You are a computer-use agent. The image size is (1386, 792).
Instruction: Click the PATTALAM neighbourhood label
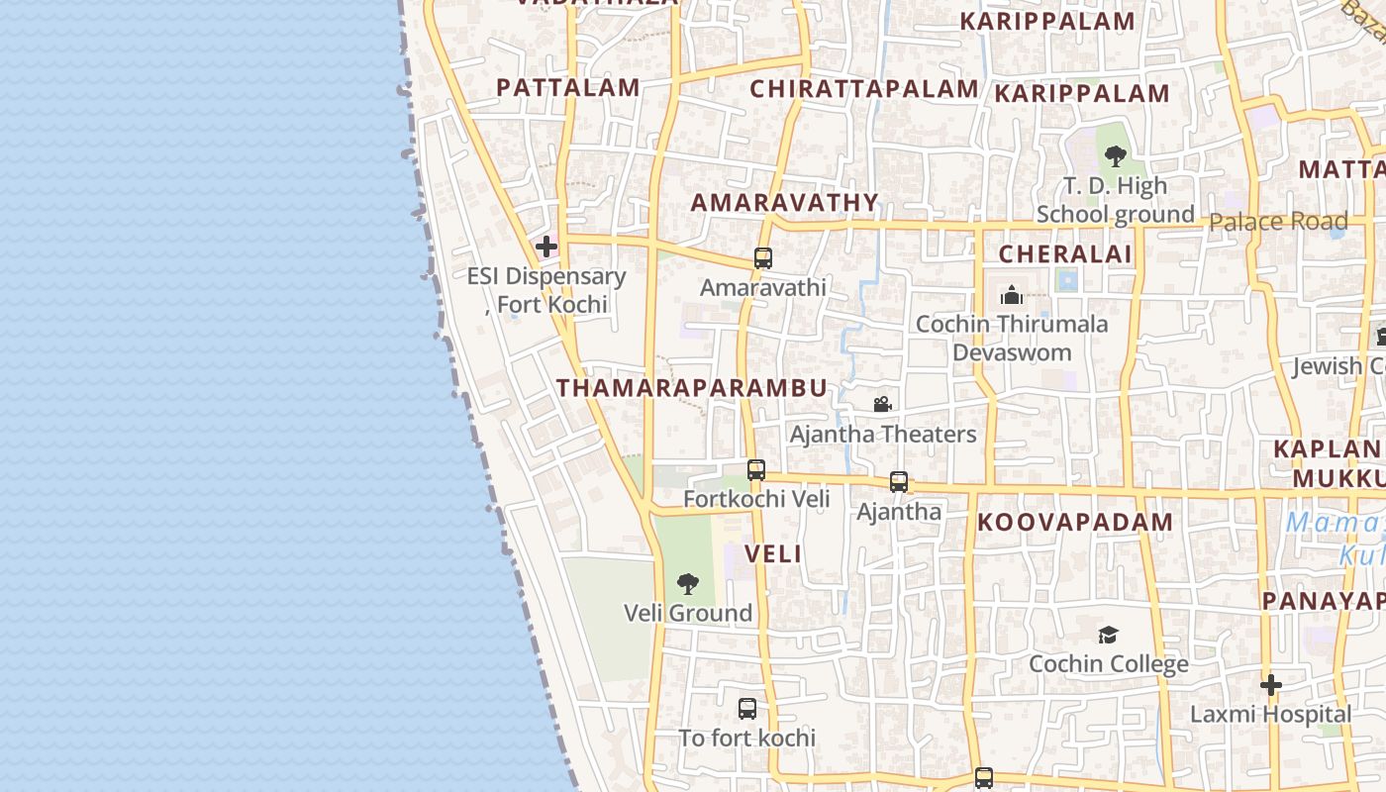tap(567, 87)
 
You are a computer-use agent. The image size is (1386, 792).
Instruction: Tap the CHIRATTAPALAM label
tap(863, 89)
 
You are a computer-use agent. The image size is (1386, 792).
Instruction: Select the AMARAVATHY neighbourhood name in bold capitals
tap(784, 203)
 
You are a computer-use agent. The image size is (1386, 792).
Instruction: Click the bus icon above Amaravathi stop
tap(762, 258)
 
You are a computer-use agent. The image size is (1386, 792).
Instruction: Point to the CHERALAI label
tap(1064, 254)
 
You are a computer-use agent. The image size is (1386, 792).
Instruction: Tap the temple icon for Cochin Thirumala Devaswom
tap(1011, 295)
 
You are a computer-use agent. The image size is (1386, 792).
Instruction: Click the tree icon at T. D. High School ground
tap(1116, 156)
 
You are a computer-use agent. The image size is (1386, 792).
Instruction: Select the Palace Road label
tap(1278, 222)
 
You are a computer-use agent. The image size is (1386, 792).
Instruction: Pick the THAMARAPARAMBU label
tap(691, 388)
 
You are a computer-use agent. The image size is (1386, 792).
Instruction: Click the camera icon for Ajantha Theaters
tap(882, 404)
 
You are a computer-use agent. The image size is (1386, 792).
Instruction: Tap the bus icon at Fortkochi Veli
tap(756, 470)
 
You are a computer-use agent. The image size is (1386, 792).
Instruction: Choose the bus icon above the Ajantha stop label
tap(898, 482)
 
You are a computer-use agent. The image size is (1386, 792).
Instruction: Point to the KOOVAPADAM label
tap(1075, 523)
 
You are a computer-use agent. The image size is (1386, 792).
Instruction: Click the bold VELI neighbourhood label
tap(773, 554)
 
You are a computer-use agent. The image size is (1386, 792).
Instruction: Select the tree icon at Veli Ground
tap(687, 584)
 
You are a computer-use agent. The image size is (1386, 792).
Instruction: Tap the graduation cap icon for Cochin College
tap(1108, 635)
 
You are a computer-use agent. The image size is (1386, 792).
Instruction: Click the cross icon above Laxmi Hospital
tap(1271, 684)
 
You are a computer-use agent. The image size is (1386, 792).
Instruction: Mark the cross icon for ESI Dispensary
tap(545, 247)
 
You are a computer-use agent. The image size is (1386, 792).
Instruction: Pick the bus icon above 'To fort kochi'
tap(747, 709)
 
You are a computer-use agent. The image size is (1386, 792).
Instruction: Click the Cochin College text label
tap(1109, 664)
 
